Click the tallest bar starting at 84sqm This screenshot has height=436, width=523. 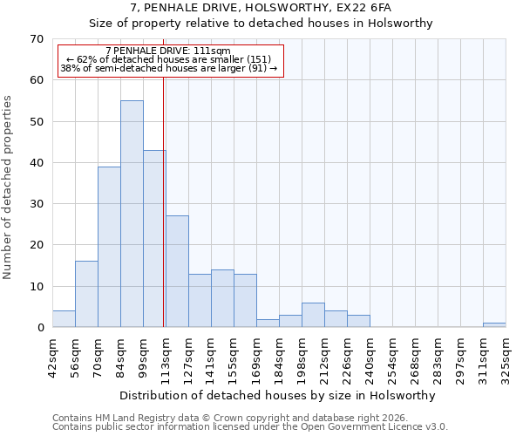pyautogui.click(x=132, y=214)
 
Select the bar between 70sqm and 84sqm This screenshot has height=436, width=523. pyautogui.click(x=109, y=247)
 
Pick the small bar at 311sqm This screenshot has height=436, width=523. pyautogui.click(x=494, y=325)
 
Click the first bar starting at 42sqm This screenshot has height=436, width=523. pyautogui.click(x=64, y=319)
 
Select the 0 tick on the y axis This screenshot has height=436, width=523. pyautogui.click(x=40, y=328)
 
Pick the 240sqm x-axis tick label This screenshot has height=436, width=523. pyautogui.click(x=369, y=356)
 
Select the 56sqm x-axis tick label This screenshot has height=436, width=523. pyautogui.click(x=76, y=356)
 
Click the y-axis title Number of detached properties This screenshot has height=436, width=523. pyautogui.click(x=8, y=187)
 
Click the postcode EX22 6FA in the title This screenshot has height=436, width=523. pyautogui.click(x=357, y=8)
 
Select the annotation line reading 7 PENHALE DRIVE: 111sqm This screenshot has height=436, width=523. pyautogui.click(x=167, y=51)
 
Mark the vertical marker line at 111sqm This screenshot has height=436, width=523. pyautogui.click(x=164, y=201)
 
